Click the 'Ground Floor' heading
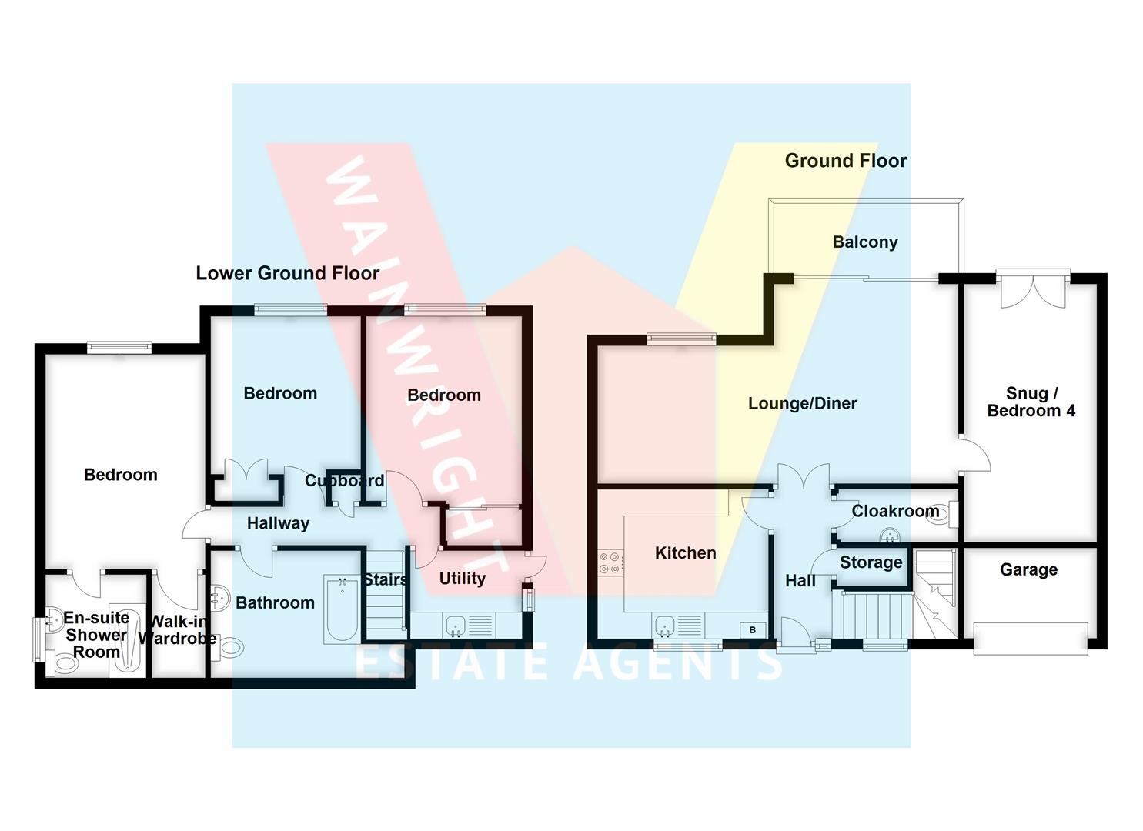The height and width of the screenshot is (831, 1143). click(845, 161)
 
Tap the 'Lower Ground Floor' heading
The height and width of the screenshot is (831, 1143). click(287, 273)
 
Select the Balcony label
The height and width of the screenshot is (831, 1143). click(865, 242)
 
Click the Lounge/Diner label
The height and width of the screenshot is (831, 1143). click(802, 404)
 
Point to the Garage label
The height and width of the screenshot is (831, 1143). click(1028, 570)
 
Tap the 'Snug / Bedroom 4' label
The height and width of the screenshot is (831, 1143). click(1031, 402)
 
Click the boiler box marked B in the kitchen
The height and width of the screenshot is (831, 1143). click(752, 630)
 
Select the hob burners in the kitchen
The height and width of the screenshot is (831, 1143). click(611, 562)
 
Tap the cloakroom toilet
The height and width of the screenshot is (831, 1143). click(943, 514)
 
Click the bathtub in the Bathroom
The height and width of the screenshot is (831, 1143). click(342, 609)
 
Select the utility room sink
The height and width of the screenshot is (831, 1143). click(455, 625)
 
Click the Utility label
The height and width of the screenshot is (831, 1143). click(462, 579)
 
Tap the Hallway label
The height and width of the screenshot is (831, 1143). click(278, 524)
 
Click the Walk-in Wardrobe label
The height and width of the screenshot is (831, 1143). click(177, 630)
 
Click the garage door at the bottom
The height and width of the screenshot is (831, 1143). click(1030, 639)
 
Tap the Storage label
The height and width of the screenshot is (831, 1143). click(871, 562)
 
